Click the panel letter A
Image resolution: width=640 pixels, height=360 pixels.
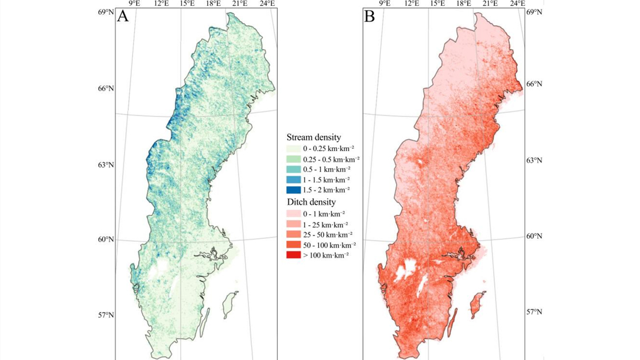(x=123, y=16)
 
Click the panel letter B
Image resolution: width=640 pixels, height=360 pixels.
(x=370, y=16)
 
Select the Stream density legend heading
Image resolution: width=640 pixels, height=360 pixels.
(x=314, y=137)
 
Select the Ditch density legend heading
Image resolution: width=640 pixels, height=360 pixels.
(x=311, y=202)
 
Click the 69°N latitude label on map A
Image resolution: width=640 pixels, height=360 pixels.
(x=105, y=12)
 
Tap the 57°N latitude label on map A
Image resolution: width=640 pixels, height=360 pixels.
(x=105, y=315)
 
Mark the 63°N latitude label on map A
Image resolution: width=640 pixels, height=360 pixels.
(x=105, y=164)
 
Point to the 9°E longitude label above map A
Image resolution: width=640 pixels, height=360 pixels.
(x=134, y=4)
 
